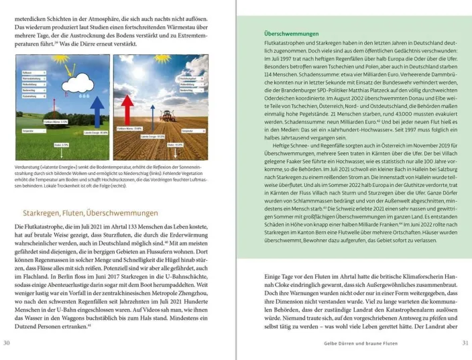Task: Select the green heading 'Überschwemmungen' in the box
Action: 291,32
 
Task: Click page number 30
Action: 7,343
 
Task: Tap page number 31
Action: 465,343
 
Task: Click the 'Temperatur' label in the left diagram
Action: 29,131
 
